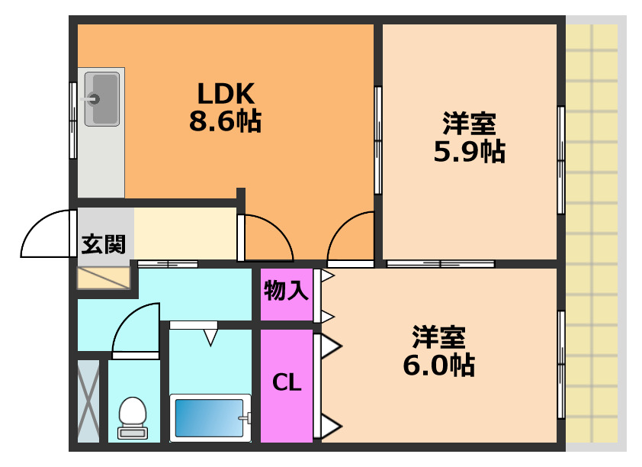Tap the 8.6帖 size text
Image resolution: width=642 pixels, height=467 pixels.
[225, 121]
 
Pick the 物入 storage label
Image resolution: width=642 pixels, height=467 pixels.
[286, 291]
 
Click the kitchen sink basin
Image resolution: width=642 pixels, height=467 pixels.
[101, 98]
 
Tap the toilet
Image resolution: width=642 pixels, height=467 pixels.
[133, 417]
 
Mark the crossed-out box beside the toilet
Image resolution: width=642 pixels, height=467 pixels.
[88, 401]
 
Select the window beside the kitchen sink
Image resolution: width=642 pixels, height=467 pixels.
[73, 120]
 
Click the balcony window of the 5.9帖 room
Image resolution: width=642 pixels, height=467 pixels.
[561, 160]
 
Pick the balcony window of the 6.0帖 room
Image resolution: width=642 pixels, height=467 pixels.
[561, 365]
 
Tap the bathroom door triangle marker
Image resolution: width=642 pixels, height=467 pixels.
[210, 337]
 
